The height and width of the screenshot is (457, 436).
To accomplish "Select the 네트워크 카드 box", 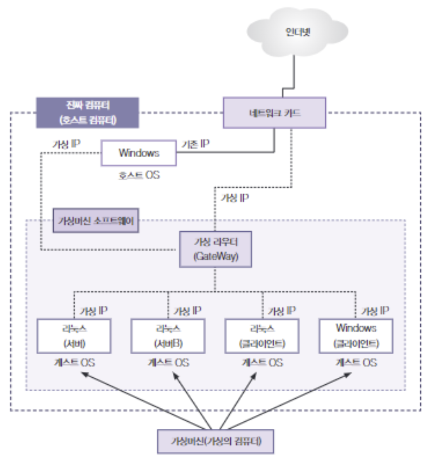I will point(274,113).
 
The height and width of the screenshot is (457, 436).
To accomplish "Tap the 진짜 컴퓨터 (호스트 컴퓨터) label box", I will point(87,113).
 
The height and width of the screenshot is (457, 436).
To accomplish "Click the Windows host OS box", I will point(139,153).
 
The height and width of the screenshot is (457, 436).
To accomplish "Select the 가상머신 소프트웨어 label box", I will point(96,220).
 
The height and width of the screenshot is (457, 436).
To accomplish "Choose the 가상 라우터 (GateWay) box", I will point(215,250).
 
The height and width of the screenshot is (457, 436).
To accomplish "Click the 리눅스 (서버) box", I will point(73,336).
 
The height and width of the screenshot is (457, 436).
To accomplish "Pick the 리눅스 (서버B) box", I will point(167,336).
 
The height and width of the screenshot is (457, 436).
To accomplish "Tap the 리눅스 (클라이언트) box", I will point(262,336).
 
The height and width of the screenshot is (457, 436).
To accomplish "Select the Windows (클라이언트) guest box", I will point(356,336).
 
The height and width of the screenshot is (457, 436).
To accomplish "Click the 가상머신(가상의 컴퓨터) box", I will point(215,441).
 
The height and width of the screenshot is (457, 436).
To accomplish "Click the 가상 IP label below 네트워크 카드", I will point(235,198).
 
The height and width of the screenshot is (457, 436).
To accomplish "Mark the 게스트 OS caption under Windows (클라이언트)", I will point(356,362).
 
